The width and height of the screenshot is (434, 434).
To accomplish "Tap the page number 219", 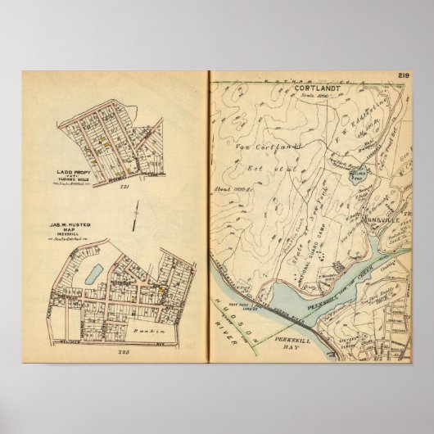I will coord(400,76).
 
